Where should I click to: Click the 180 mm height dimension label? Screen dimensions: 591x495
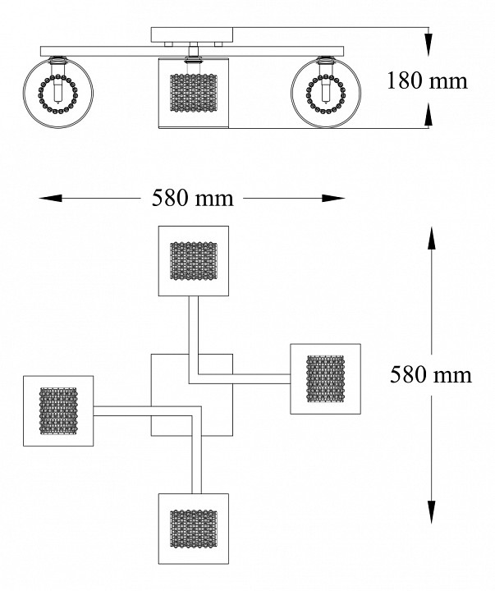point(427,80)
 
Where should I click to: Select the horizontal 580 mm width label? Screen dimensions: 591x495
point(192,198)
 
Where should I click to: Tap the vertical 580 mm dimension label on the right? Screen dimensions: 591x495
point(431,374)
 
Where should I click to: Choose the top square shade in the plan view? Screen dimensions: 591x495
point(193,259)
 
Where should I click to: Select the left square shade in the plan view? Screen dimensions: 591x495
point(58,410)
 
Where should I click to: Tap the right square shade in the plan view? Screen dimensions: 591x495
point(326,378)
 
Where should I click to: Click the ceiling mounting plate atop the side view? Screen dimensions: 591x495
point(192,34)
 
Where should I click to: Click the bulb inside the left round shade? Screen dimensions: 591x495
point(57,91)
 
